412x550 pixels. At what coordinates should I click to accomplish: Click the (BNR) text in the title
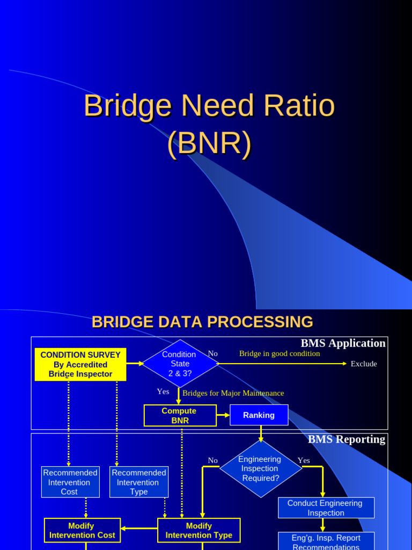point(209,144)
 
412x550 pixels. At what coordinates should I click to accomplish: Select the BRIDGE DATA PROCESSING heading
point(202,322)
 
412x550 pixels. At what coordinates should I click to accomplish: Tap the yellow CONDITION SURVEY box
point(80,364)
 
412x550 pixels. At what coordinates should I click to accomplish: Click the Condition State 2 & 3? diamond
point(180,364)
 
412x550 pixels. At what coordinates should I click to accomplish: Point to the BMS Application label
point(343,343)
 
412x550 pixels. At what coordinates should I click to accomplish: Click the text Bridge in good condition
point(279,353)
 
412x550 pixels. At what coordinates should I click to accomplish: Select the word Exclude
point(364,364)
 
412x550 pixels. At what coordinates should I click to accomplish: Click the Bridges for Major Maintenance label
point(233,393)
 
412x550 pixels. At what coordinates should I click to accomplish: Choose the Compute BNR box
point(180,415)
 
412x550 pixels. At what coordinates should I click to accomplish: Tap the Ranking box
point(259,415)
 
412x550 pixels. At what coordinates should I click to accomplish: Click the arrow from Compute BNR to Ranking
point(223,415)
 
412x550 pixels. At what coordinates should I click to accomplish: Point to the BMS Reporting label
point(346,439)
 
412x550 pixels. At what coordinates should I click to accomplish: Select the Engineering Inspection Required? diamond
point(261,468)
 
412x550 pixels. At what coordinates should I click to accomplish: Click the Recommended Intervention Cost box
point(70,482)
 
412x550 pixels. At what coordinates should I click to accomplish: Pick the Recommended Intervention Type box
point(139,482)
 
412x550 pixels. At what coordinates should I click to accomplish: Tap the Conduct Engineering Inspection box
point(326,508)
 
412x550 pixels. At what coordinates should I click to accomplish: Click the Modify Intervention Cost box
point(82,530)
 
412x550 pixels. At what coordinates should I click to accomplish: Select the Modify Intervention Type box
point(198,530)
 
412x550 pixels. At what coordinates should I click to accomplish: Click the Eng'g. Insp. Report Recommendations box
point(326,541)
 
